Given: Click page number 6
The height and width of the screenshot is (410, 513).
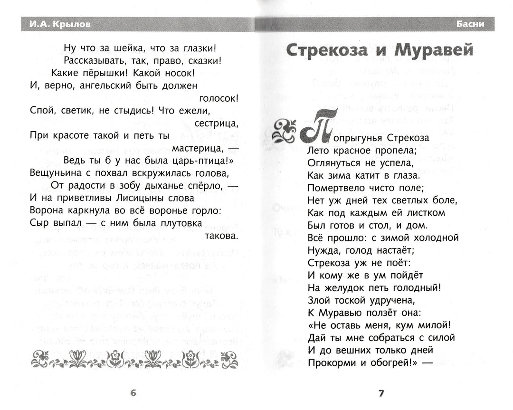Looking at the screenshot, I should click(x=133, y=392).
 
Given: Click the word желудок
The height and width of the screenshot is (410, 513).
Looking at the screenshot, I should click(x=347, y=287).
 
